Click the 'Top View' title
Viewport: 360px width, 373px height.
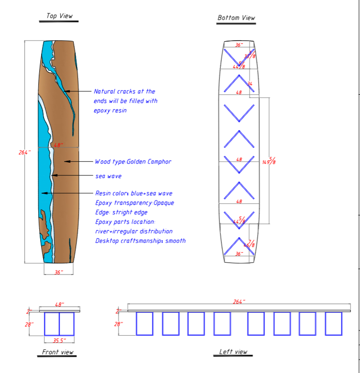click(59, 16)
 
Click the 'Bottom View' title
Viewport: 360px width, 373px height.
click(236, 18)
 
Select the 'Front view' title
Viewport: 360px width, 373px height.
click(58, 352)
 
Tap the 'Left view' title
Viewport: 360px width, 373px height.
click(233, 351)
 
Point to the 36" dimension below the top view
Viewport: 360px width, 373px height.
click(58, 272)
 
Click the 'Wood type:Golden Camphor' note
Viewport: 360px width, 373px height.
click(133, 162)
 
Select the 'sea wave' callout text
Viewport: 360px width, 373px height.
click(108, 176)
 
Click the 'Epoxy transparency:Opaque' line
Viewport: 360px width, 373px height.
click(134, 203)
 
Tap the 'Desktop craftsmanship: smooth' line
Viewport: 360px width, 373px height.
click(140, 241)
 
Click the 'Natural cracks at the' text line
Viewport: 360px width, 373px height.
click(124, 91)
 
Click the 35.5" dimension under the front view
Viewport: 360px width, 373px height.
click(59, 340)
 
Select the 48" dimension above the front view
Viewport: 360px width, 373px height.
click(59, 304)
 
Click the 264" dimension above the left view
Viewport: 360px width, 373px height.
click(239, 302)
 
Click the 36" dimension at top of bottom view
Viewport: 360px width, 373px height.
click(239, 44)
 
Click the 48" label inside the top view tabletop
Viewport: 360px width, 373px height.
click(58, 144)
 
